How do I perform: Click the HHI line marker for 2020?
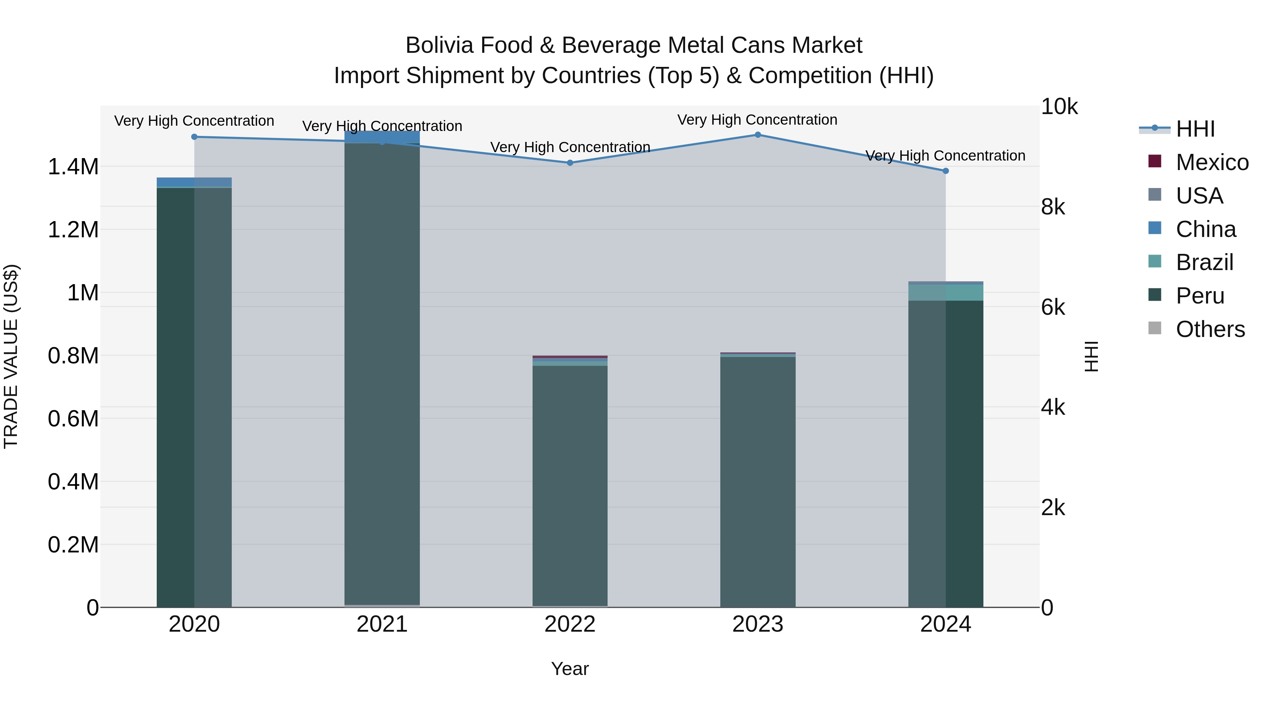pyautogui.click(x=194, y=137)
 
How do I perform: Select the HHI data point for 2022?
pyautogui.click(x=570, y=163)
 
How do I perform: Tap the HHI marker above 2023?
pyautogui.click(x=758, y=135)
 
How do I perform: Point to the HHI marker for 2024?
pyautogui.click(x=946, y=171)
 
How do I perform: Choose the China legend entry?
pyautogui.click(x=1206, y=229)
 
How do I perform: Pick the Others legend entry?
pyautogui.click(x=1210, y=329)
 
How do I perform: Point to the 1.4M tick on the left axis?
pyautogui.click(x=73, y=167)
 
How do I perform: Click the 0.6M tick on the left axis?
pyautogui.click(x=73, y=419)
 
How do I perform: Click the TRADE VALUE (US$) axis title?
pyautogui.click(x=11, y=356)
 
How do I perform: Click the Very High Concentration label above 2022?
pyautogui.click(x=570, y=147)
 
